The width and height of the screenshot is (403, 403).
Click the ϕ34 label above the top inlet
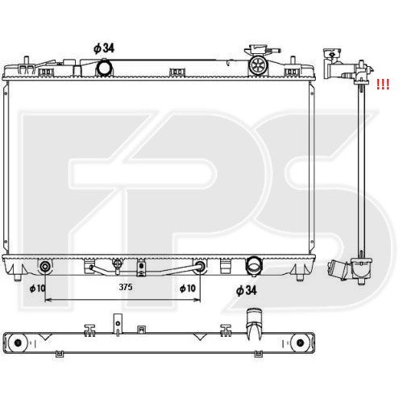pyautogui.click(x=104, y=48)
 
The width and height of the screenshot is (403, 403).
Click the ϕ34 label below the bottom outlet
pyautogui.click(x=247, y=290)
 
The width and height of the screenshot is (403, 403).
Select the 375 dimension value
pyautogui.click(x=126, y=287)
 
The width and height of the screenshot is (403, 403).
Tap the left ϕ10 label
pyautogui.click(x=37, y=289)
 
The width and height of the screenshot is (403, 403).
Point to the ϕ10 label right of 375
pyautogui.click(x=188, y=289)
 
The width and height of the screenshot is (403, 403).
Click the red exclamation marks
pyautogui.click(x=383, y=85)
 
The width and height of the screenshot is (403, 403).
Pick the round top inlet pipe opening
pyautogui.click(x=104, y=68)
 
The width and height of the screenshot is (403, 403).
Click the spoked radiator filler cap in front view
pyautogui.click(x=259, y=64)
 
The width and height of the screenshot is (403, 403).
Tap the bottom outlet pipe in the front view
pyautogui.click(x=253, y=266)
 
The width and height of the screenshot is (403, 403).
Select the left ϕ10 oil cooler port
pyautogui.click(x=45, y=267)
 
